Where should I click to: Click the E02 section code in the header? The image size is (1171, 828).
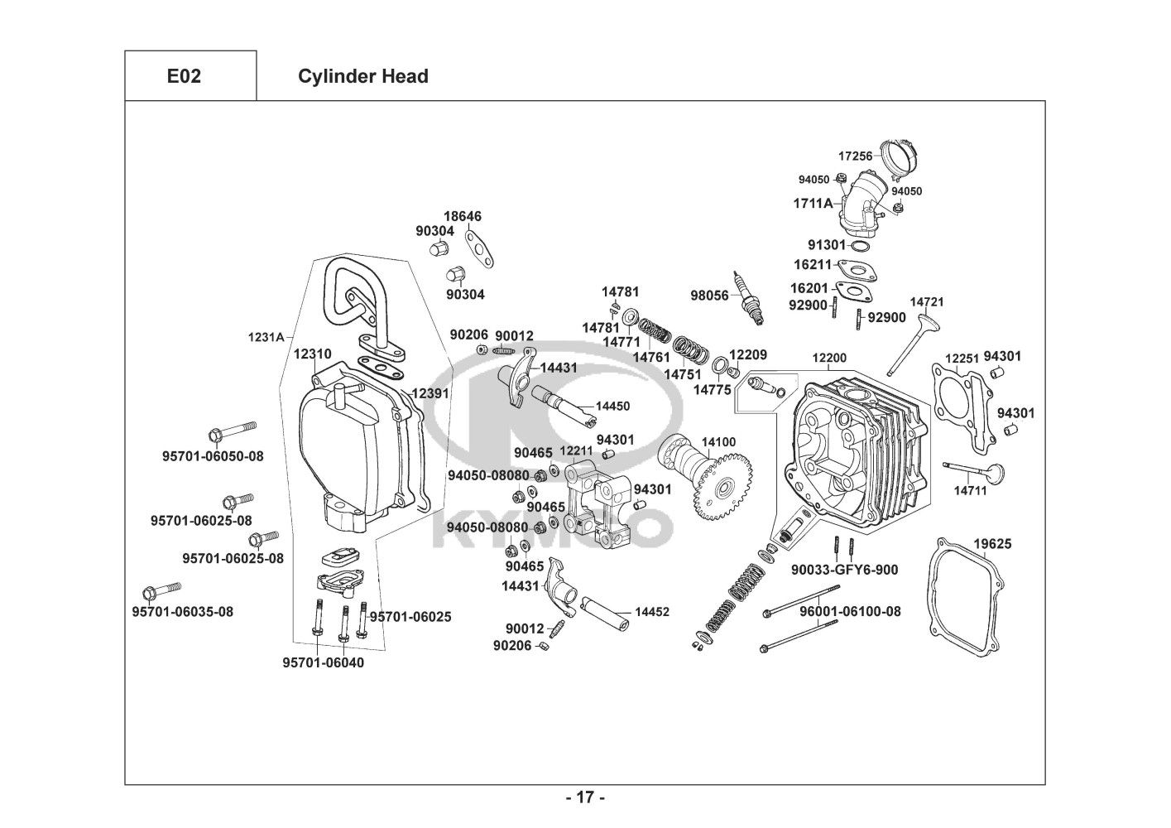pos(184,76)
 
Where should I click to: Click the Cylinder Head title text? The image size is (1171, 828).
pos(362,76)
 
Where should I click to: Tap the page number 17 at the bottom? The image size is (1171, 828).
pos(585,797)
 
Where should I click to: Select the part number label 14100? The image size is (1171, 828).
pos(718,442)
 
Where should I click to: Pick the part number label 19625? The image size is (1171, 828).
pos(991,544)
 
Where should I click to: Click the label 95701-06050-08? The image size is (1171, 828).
pos(213,455)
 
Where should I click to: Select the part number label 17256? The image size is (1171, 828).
pos(855,156)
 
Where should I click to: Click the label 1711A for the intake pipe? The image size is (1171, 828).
pos(813,202)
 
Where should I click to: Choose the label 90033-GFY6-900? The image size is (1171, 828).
pos(844,570)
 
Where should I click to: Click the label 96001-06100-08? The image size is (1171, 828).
pos(850,611)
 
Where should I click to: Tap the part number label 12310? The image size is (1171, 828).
pos(312,354)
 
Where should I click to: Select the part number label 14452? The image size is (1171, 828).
pos(652,612)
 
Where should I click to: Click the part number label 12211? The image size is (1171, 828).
pos(576,451)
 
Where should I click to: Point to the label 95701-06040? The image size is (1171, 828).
pos(323,662)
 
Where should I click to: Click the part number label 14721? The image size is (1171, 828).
pos(927,302)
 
